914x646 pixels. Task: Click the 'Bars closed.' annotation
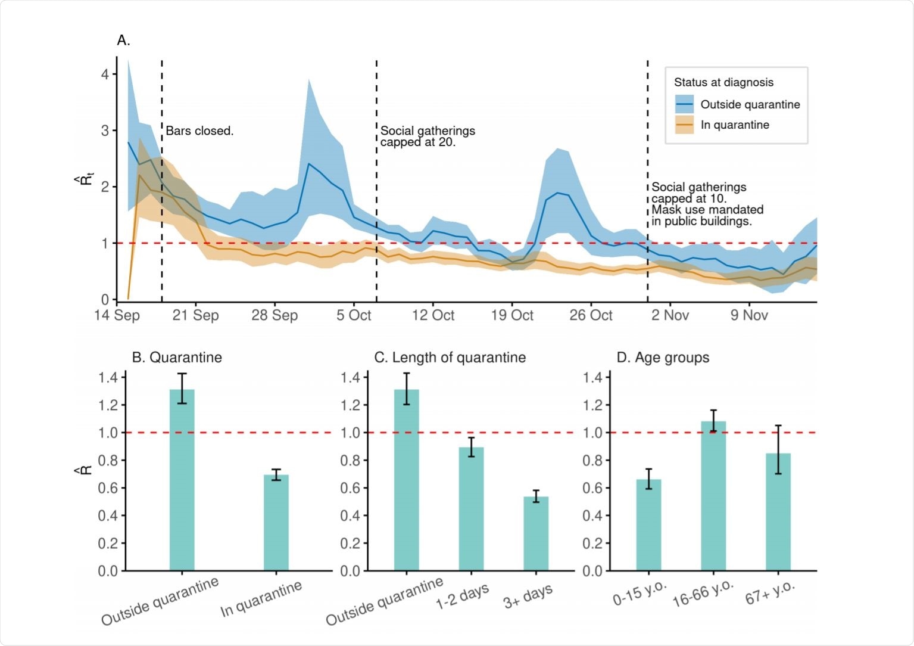click(199, 131)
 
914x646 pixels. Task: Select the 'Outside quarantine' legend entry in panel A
click(750, 105)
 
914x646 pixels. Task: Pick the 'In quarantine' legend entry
click(734, 125)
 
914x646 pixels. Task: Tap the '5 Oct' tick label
click(354, 315)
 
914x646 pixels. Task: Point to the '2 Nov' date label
click(670, 315)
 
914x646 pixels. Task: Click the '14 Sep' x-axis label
click(117, 315)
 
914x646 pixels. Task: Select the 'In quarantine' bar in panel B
click(276, 522)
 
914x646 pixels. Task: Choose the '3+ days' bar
click(536, 533)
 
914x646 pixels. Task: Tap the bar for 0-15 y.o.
click(648, 524)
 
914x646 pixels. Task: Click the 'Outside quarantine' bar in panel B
click(182, 480)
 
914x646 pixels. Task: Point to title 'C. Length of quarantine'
click(450, 358)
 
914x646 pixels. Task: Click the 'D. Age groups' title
click(663, 358)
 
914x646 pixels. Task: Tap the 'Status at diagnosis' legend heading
click(723, 83)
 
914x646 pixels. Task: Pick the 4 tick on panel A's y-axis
click(105, 74)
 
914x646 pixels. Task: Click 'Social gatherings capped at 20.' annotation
click(428, 136)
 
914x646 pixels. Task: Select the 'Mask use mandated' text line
click(707, 210)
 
